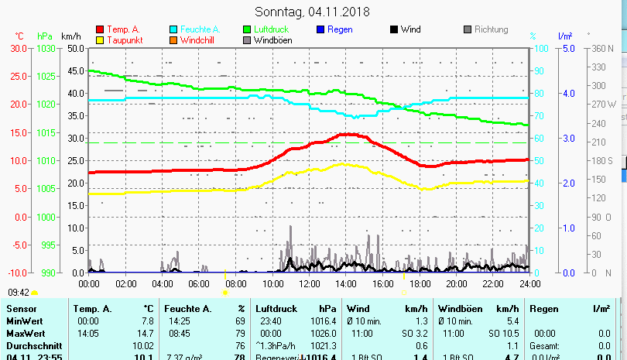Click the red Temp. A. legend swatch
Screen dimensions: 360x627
tap(100, 30)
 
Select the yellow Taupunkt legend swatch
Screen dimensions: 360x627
tap(100, 40)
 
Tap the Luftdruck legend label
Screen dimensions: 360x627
tap(270, 29)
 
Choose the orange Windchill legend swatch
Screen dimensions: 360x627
tap(173, 40)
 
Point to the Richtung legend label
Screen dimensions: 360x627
tap(492, 29)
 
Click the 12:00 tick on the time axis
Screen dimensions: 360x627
tap(309, 283)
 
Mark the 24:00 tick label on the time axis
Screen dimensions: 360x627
tap(529, 283)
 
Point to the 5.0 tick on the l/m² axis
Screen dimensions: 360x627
tap(567, 48)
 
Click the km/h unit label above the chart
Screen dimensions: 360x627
tap(70, 36)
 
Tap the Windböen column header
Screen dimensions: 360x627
tap(458, 309)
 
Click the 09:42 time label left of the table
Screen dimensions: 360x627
tap(19, 293)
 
